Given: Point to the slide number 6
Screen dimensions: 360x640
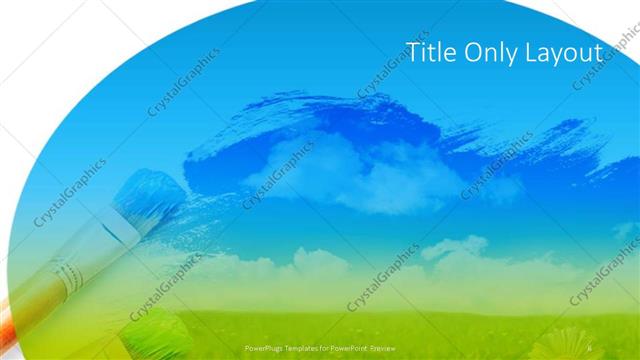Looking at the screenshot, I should [591, 348].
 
